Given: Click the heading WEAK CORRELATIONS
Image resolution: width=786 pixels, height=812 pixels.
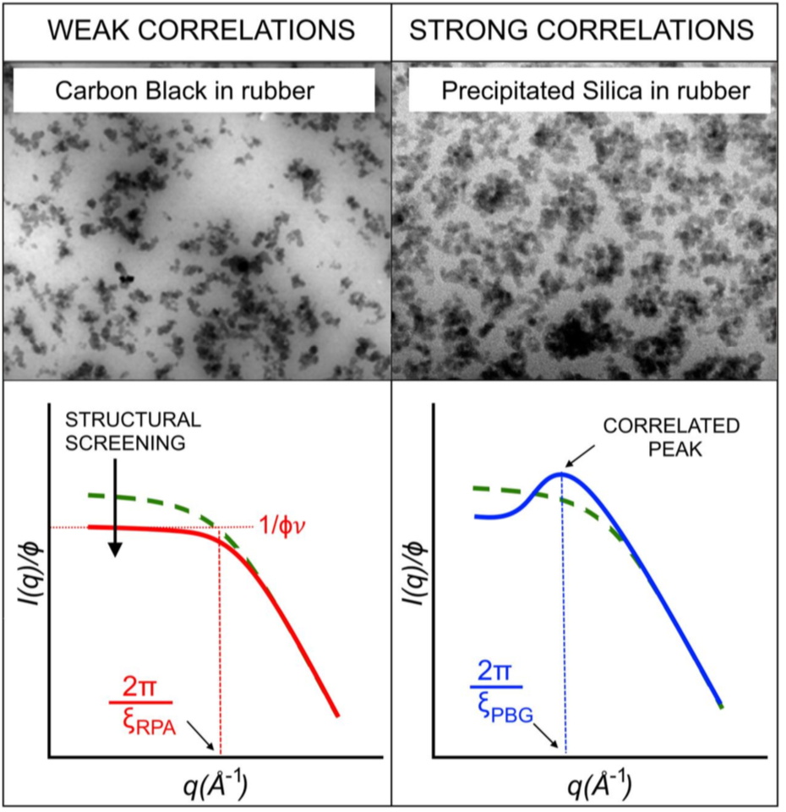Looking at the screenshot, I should (199, 31).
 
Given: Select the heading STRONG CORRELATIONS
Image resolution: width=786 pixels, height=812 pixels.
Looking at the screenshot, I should (581, 31).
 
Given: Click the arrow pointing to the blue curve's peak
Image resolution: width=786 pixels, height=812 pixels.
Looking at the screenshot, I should (583, 458).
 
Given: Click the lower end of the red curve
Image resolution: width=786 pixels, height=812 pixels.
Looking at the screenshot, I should (336, 714).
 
